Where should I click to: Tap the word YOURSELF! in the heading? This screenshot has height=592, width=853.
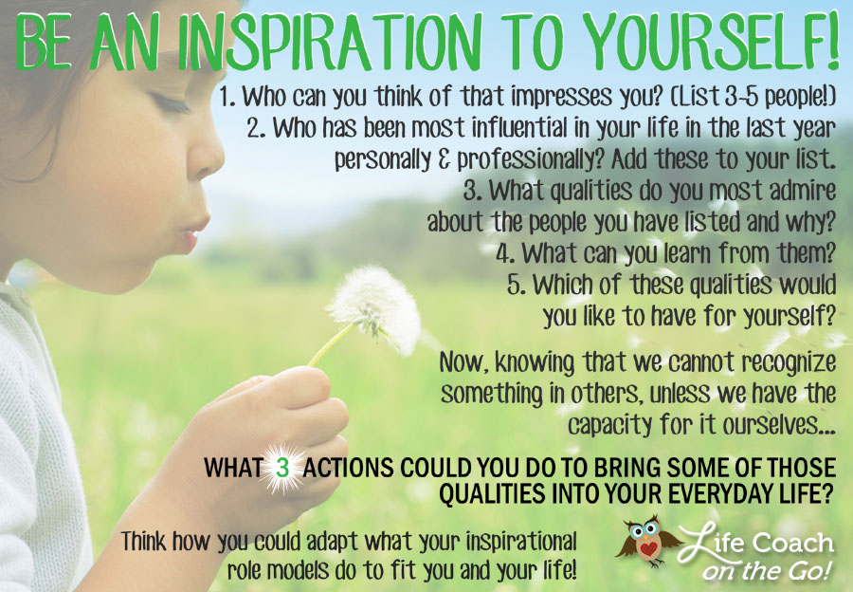coord(712,40)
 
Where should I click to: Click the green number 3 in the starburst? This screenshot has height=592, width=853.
coord(282,468)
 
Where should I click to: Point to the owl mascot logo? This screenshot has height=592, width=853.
coord(647,542)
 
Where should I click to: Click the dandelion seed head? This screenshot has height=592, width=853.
coord(375,308)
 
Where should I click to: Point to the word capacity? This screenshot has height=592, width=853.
coord(609,425)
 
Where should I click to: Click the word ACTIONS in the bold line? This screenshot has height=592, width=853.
coord(348,469)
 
